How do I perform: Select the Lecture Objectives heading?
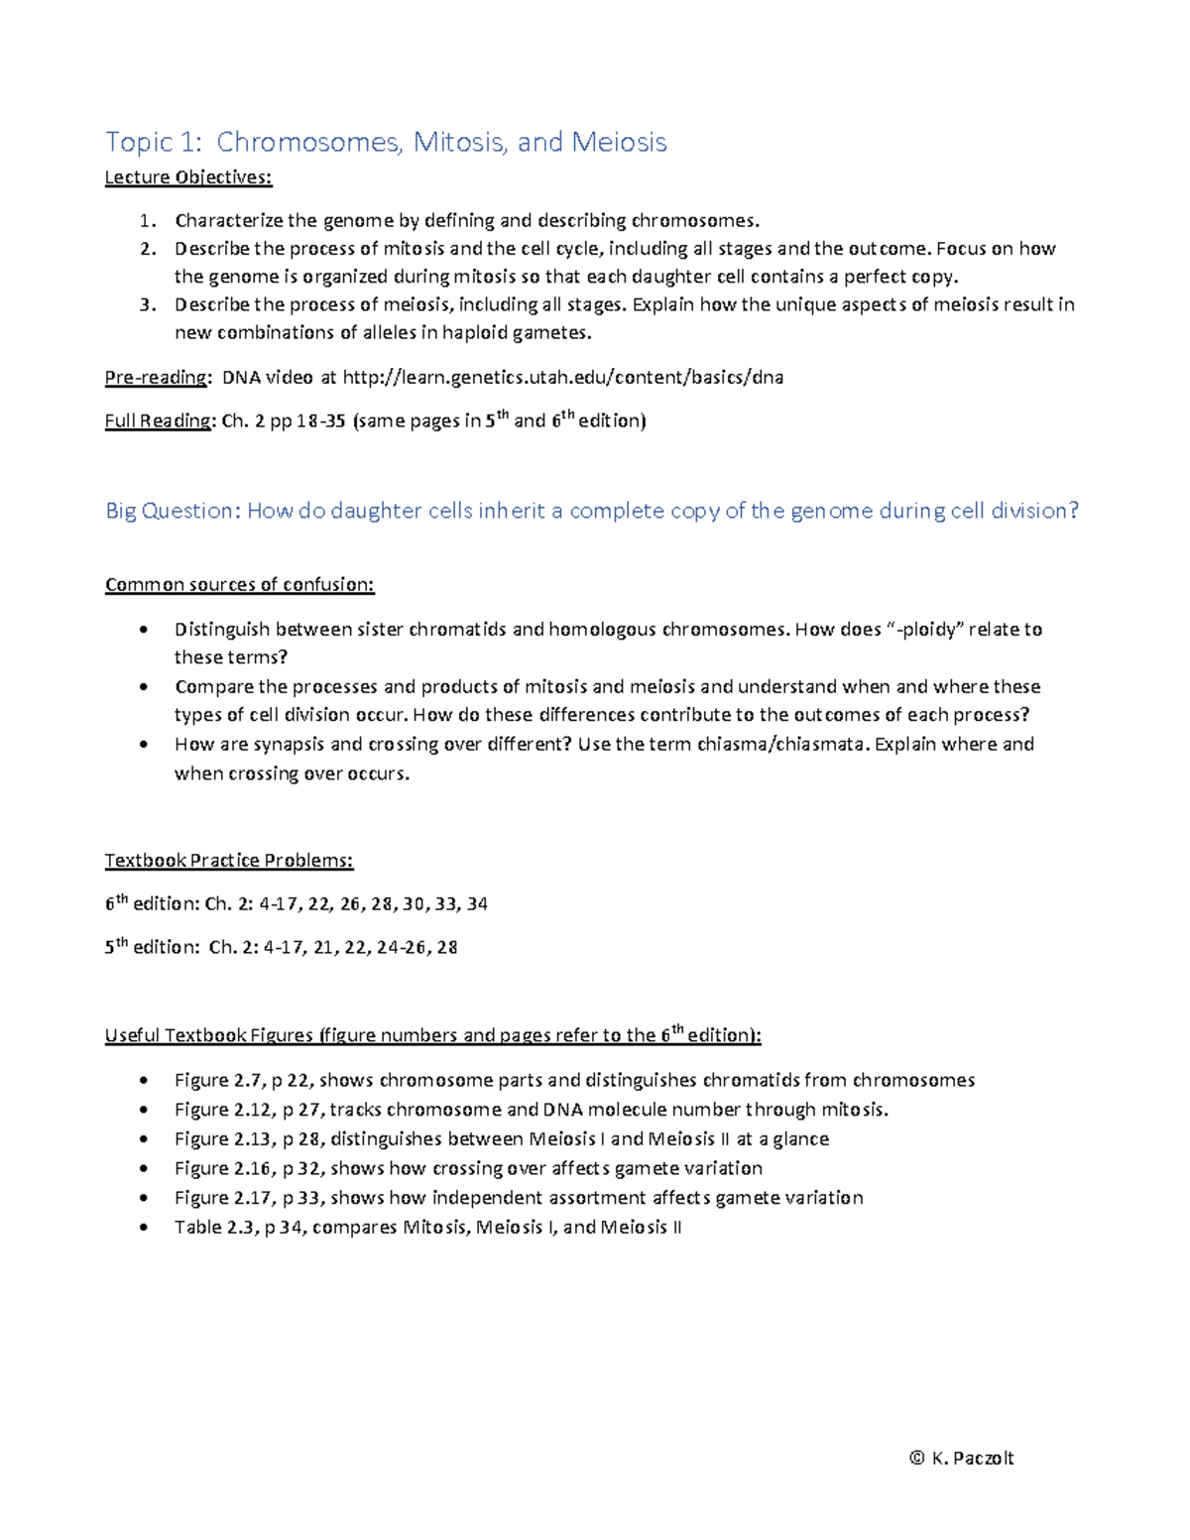[188, 178]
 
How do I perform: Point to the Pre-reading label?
[157, 377]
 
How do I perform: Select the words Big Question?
[173, 511]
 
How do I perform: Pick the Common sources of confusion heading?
[240, 585]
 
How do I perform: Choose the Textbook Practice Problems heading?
[229, 861]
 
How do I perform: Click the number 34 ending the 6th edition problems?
[477, 904]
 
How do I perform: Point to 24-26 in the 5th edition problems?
[403, 947]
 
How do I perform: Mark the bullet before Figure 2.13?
[145, 1139]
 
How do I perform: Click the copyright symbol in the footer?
[916, 1458]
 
